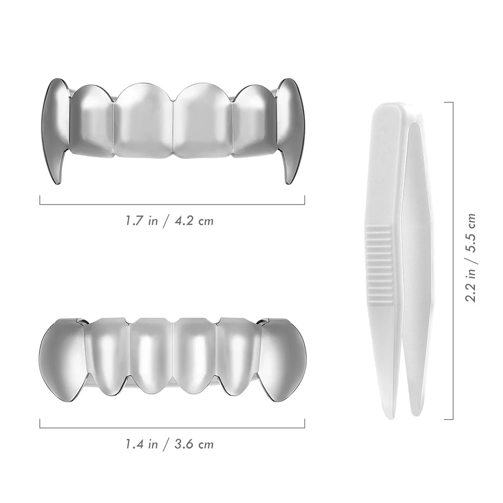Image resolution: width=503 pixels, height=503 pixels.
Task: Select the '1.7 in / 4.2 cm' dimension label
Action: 169,220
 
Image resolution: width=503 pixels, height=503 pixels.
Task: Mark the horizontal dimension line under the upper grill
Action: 172,204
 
